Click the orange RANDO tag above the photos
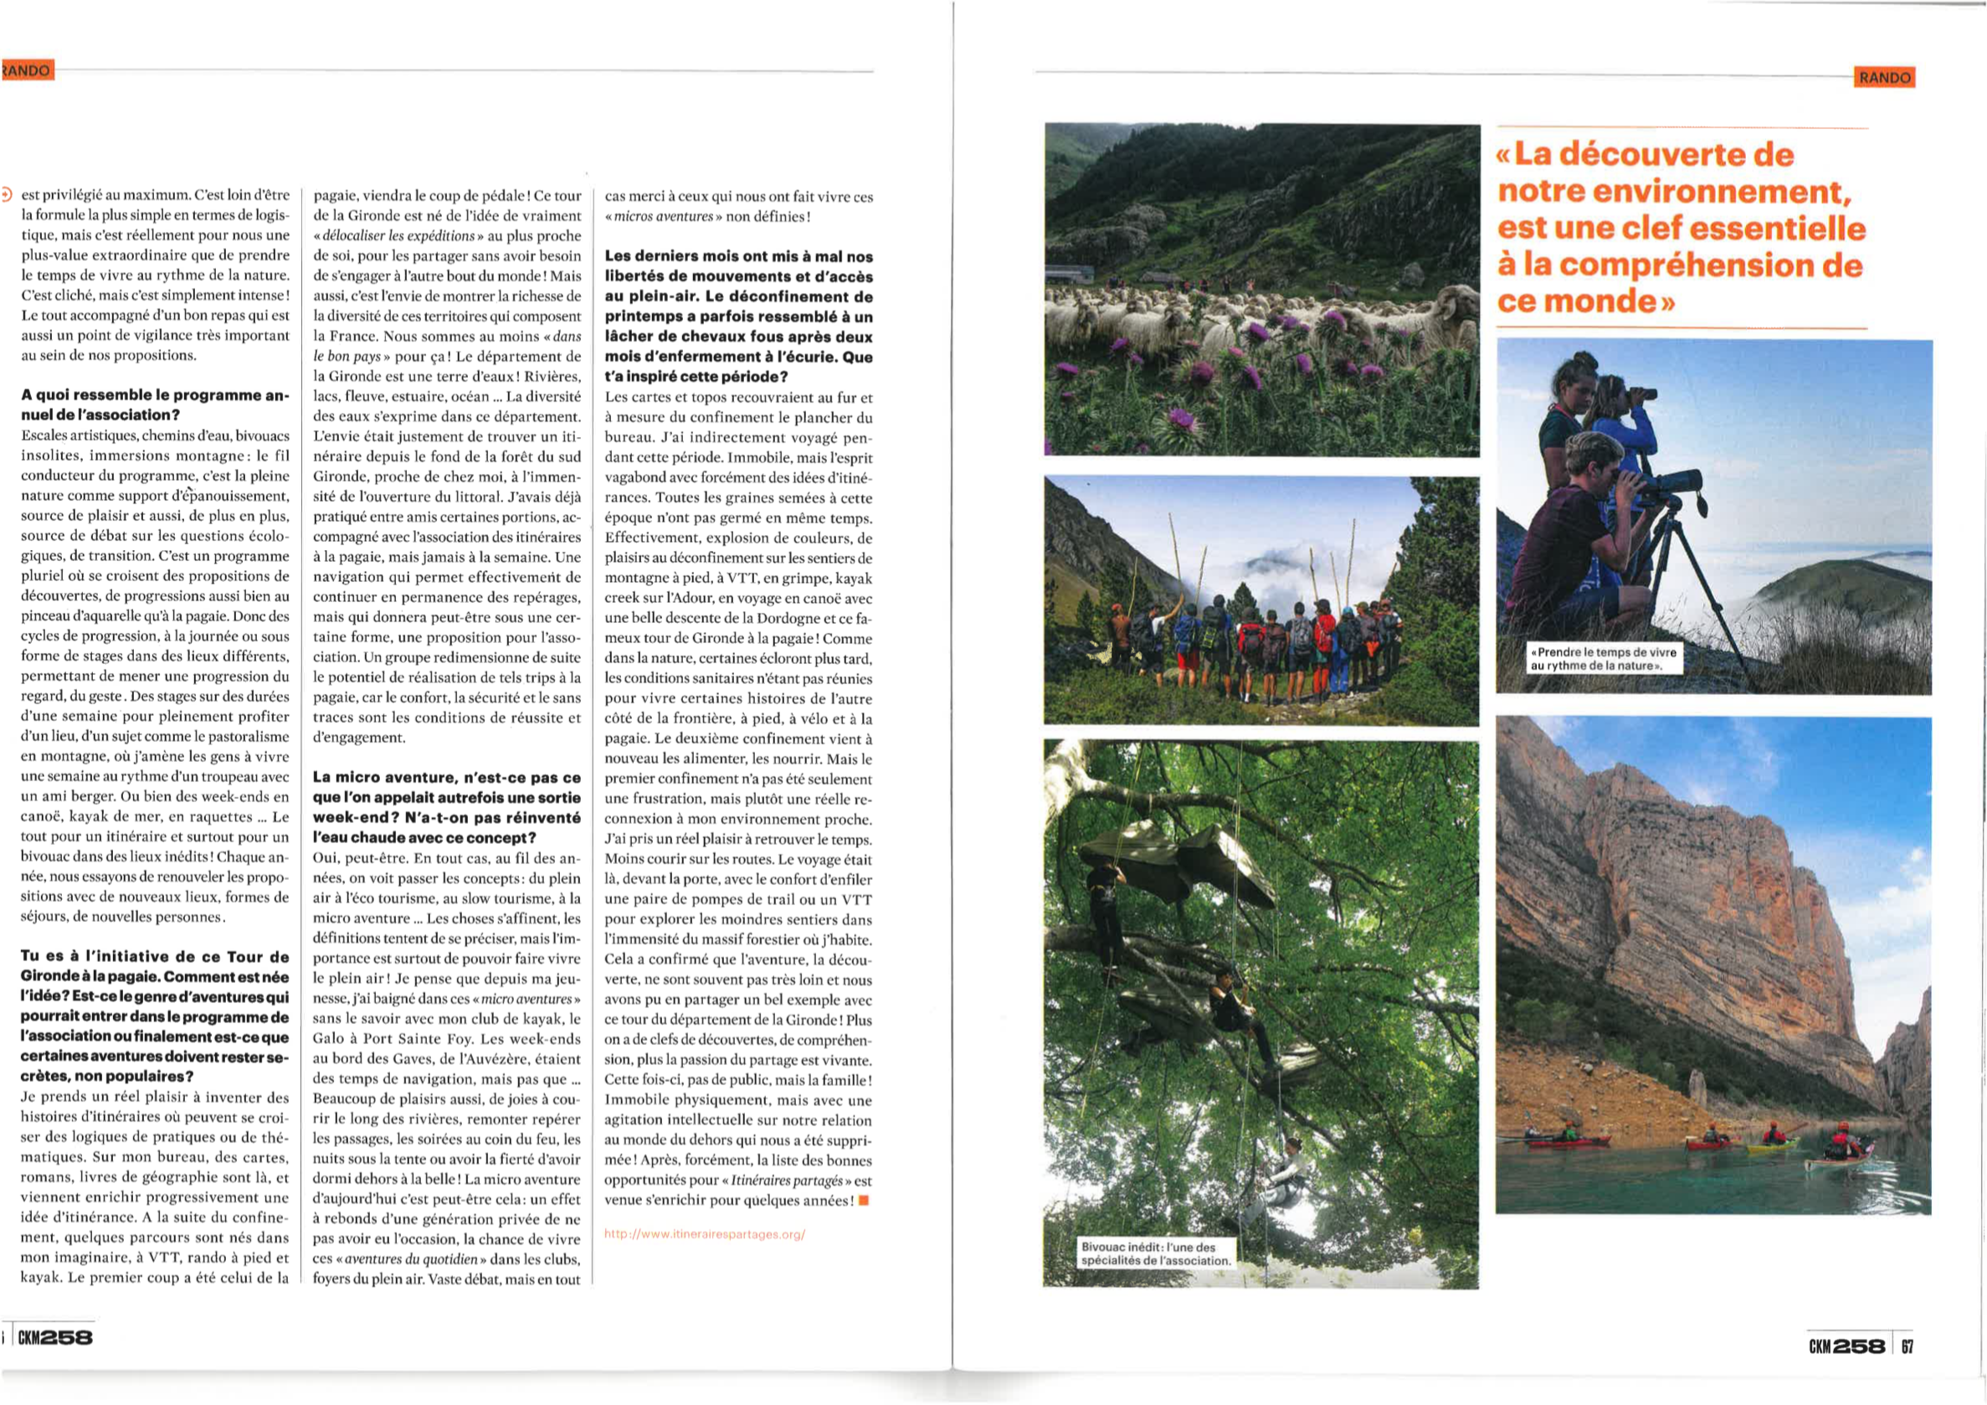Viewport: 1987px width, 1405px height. [x=1884, y=78]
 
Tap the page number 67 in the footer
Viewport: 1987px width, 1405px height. [x=1907, y=1347]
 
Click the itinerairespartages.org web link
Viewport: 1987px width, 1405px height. [x=705, y=1234]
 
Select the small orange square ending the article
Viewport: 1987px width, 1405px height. [x=863, y=1201]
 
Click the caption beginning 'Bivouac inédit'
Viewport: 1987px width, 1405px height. [x=1155, y=1253]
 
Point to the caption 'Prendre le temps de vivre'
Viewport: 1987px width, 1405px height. [x=1606, y=659]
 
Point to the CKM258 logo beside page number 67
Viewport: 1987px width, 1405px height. [x=1846, y=1347]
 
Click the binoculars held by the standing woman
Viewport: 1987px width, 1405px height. [x=1640, y=394]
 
